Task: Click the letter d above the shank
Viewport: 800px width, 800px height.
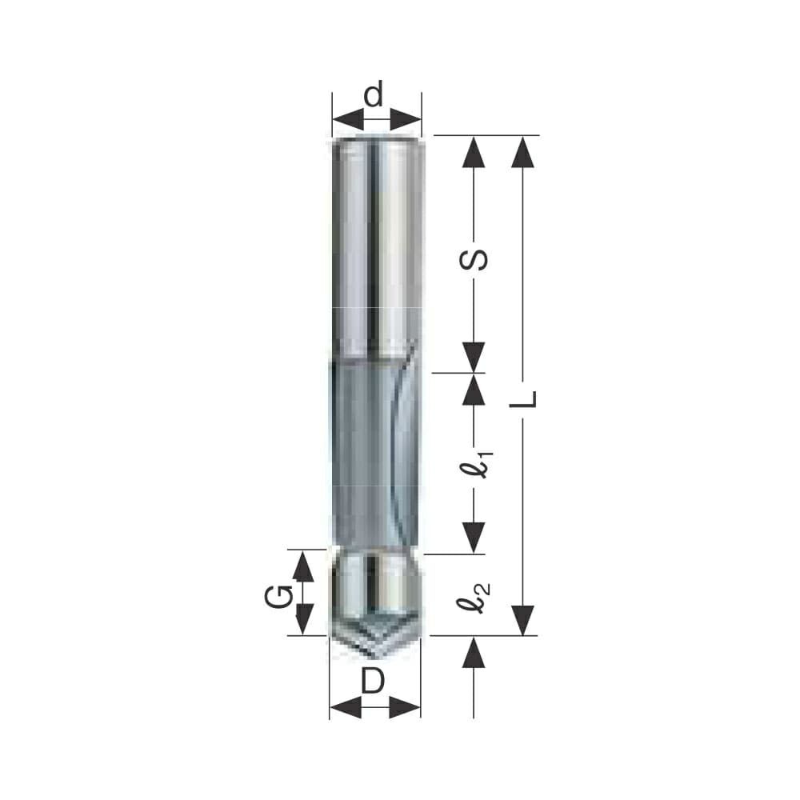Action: (374, 95)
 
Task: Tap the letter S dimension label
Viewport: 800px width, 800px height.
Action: (474, 260)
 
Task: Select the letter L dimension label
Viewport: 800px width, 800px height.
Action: (523, 399)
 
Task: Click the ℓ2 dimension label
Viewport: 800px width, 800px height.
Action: (474, 598)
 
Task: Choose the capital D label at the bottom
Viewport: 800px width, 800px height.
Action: (373, 681)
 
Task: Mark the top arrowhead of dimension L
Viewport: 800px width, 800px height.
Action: (523, 152)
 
